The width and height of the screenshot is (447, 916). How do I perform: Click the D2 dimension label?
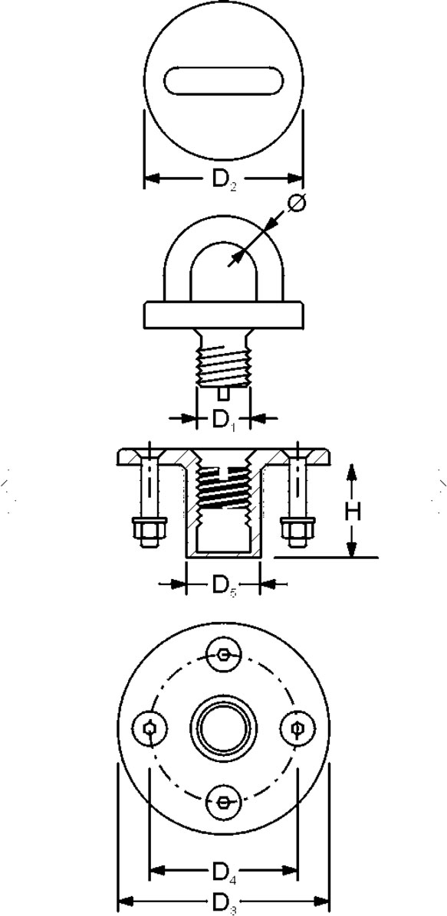point(225,178)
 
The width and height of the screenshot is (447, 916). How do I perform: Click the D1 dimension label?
point(223,420)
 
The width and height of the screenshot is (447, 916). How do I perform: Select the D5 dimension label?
point(224,585)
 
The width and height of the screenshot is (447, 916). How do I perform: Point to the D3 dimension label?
point(224,902)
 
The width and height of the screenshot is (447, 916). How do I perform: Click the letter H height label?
point(352,512)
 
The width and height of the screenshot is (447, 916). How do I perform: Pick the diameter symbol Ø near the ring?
point(297,202)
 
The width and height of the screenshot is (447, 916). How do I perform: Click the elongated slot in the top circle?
point(224,80)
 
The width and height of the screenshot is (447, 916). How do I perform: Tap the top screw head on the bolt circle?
point(224,654)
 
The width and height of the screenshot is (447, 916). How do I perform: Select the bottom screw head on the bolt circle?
point(224,801)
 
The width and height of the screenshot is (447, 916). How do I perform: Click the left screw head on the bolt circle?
point(150,728)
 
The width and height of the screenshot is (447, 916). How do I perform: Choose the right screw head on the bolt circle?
point(297,728)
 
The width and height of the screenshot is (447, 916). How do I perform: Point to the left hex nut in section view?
point(150,531)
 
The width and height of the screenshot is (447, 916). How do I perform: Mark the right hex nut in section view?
point(297,531)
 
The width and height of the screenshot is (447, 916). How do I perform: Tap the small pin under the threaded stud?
point(223,394)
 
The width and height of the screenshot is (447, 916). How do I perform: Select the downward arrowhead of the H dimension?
point(351,548)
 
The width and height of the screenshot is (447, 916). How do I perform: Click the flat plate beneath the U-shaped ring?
point(224,315)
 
